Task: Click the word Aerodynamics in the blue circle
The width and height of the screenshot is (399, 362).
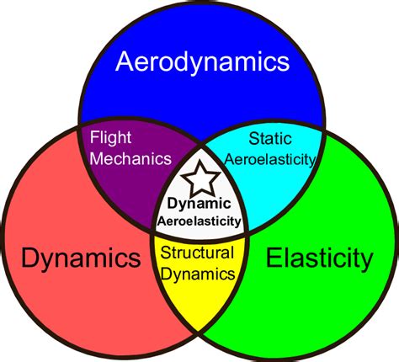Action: coord(202,61)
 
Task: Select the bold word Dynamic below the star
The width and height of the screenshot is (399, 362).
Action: coord(199,204)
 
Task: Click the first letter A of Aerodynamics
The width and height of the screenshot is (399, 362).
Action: coord(124,61)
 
